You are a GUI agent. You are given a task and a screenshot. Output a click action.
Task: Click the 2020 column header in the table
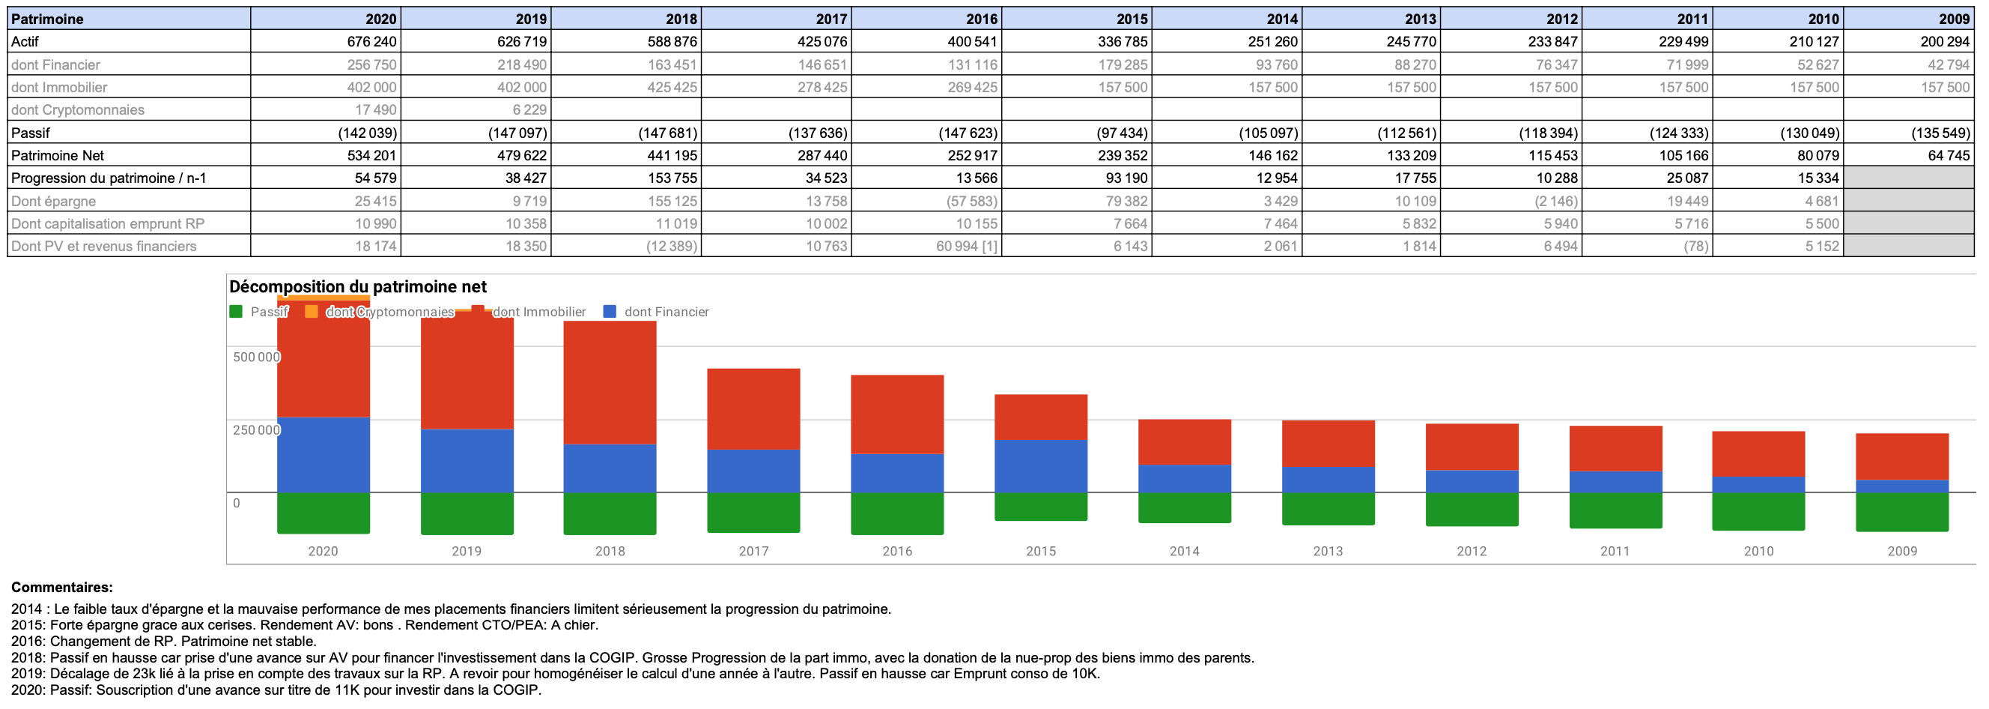(x=380, y=19)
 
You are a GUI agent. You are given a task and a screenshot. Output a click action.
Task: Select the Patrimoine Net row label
(x=57, y=155)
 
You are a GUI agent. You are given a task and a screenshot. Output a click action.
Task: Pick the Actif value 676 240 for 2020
(x=371, y=42)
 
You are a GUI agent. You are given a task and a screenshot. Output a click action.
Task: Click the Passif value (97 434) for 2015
(x=1122, y=133)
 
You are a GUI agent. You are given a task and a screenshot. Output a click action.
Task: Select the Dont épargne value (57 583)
(x=971, y=201)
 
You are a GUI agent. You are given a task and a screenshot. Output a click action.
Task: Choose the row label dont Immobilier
(x=58, y=87)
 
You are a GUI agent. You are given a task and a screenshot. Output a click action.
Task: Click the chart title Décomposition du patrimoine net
(x=357, y=286)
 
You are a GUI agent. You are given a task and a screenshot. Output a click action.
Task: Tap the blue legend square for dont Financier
(x=610, y=311)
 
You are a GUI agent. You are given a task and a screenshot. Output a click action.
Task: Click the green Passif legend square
(x=235, y=311)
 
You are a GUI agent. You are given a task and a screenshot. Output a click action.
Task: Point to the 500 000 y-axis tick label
(x=256, y=357)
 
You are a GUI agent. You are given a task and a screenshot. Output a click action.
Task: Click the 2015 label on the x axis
(x=1040, y=551)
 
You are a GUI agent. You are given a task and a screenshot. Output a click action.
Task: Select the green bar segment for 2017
(x=753, y=512)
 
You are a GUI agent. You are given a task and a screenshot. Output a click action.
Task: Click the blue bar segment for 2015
(x=1040, y=465)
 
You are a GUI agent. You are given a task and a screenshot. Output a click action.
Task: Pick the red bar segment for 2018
(x=610, y=382)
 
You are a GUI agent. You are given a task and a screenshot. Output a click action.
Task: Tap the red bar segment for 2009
(x=1901, y=456)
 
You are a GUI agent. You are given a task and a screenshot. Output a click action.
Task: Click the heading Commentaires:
(x=61, y=587)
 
